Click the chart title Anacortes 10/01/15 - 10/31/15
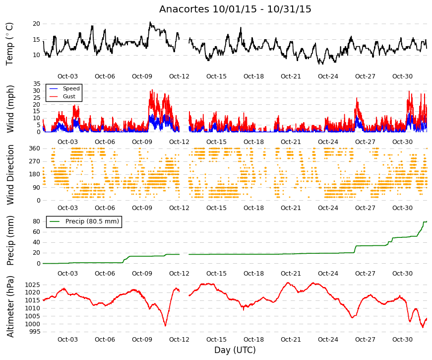235,9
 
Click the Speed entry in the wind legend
71,88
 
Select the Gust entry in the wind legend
69,96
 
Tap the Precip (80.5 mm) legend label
92,221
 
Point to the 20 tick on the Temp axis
36,24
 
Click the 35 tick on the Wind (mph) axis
36,84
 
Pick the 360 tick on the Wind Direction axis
34,148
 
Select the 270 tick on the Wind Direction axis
34,161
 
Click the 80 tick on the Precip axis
36,221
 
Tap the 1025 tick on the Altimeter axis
33,285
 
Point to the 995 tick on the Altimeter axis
34,332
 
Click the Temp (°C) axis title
9,44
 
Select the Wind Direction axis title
10,175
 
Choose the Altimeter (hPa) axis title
10,307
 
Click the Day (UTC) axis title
235,350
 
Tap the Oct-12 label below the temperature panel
179,76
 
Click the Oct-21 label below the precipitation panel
291,274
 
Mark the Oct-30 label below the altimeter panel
402,340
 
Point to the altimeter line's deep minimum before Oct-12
165,326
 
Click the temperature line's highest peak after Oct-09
150,22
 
